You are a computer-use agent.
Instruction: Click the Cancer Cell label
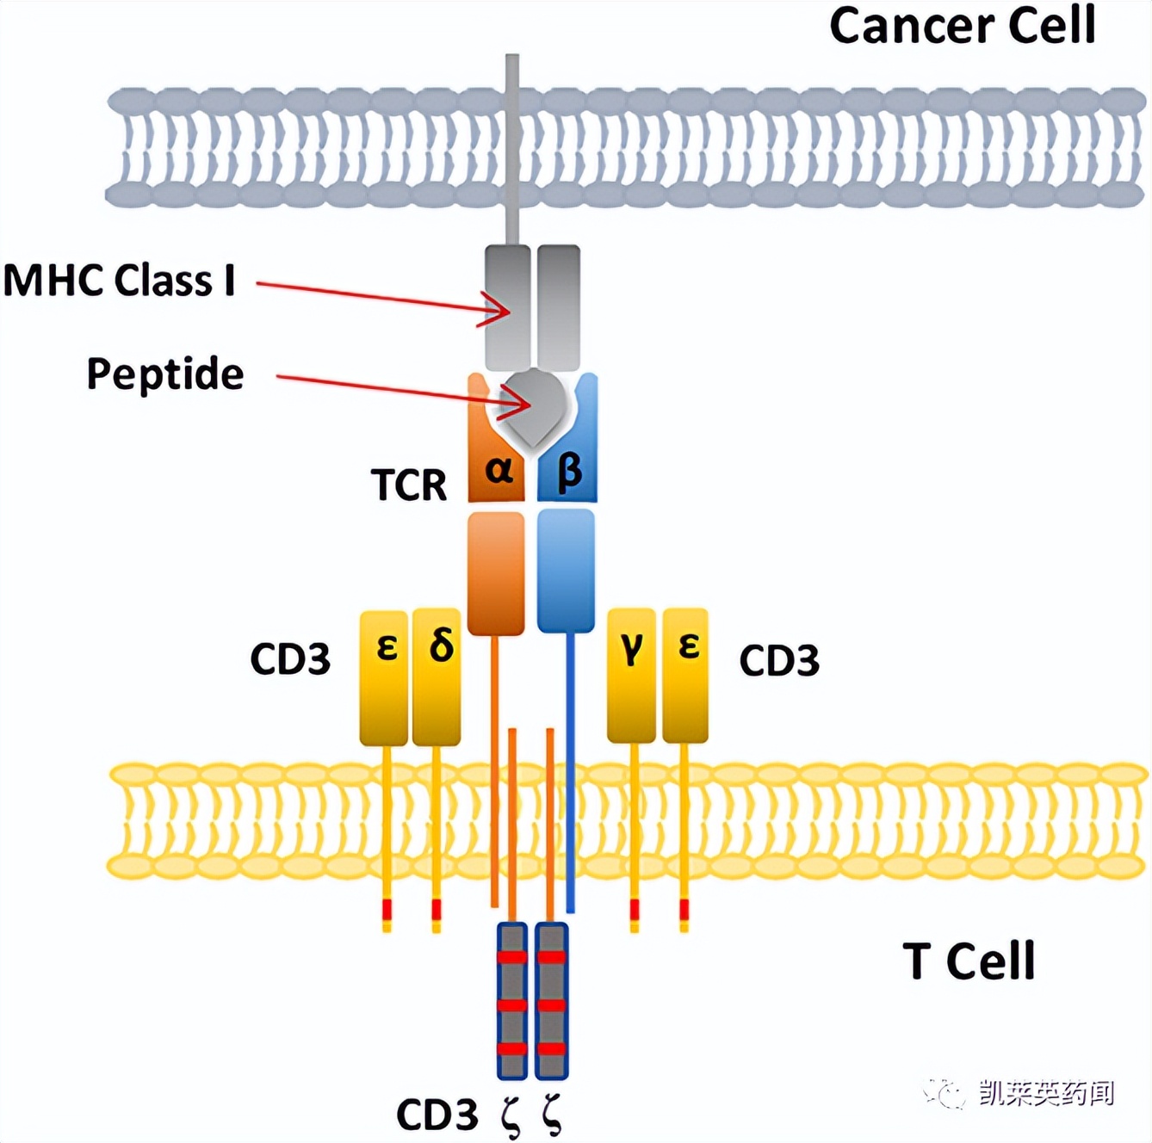coord(962,26)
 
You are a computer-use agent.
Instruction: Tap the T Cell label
coord(969,961)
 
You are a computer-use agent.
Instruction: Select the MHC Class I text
coord(120,281)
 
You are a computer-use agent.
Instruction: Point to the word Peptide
coord(164,374)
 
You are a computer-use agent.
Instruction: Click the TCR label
coord(409,485)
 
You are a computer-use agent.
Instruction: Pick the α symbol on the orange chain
coord(499,470)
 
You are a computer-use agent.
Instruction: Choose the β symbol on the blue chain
coord(569,472)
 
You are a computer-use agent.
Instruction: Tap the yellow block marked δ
coord(437,677)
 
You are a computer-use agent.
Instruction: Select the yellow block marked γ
coord(631,677)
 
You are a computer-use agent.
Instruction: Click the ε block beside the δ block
coord(384,677)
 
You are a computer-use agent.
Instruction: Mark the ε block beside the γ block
coord(685,677)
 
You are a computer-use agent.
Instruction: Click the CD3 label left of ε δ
coord(290,659)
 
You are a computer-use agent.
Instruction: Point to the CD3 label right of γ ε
coord(779,661)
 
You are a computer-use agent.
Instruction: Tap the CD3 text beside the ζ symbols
coord(437,1115)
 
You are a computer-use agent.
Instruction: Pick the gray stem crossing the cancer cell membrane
coord(512,146)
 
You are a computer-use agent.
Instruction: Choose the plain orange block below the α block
coord(496,572)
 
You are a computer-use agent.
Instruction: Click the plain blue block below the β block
coord(566,570)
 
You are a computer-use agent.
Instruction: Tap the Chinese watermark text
coord(1046,1092)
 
